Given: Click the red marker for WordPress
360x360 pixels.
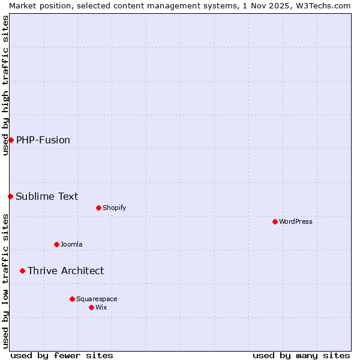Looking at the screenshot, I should [275, 221].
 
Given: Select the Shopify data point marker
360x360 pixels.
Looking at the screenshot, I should [98, 208].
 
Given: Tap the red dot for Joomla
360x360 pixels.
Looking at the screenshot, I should [56, 244].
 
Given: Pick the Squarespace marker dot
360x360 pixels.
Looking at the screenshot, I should [72, 299].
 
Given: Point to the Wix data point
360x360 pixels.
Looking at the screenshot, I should [91, 307].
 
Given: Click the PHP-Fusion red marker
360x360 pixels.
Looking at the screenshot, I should [11, 140].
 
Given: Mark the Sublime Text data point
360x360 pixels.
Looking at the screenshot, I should [10, 196].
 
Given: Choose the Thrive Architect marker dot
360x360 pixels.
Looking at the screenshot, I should [22, 271].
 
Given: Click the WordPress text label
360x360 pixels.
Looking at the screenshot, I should [296, 221].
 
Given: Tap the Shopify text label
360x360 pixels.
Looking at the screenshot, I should [115, 208].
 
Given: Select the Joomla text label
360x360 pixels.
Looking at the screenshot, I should [71, 244].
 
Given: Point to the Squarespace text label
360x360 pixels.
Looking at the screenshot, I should [97, 299].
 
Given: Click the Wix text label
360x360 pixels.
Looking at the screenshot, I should [101, 307].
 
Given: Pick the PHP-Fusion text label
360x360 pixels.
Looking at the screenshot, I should [43, 140].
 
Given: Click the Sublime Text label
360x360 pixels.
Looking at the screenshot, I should [47, 196].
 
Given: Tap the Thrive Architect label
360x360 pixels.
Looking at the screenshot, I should [65, 271].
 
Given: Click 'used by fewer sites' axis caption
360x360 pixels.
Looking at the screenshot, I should [62, 355].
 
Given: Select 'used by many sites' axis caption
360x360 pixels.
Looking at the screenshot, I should [301, 355].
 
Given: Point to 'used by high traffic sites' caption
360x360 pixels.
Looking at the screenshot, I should [5, 85].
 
